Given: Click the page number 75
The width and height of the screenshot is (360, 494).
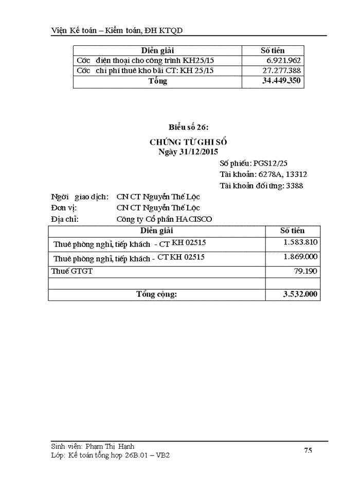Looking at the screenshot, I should [x=308, y=450].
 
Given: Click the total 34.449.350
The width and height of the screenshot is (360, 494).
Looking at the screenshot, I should [x=281, y=81].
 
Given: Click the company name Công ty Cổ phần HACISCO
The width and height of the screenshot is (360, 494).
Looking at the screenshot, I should [x=164, y=219].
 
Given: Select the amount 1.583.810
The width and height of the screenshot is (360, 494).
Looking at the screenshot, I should [x=300, y=242].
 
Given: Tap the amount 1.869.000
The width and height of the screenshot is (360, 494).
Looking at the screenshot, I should [x=300, y=257].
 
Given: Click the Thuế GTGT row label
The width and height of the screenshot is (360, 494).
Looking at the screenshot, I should [x=72, y=271].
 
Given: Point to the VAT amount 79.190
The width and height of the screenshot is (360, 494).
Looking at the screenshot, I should [x=307, y=271].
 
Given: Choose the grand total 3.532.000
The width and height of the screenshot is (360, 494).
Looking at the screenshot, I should [x=300, y=294].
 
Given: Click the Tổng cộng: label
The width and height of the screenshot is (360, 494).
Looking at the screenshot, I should [x=156, y=294].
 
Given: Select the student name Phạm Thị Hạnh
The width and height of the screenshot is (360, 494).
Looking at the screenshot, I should [x=114, y=447].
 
